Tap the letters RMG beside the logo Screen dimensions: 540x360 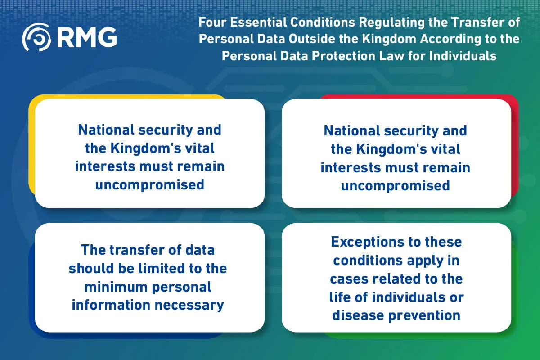pyautogui.click(x=87, y=37)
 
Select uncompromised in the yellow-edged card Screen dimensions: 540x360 pyautogui.click(x=150, y=185)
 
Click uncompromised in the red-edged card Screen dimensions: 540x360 pyautogui.click(x=396, y=186)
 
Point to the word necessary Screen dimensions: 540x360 pyautogui.click(x=189, y=306)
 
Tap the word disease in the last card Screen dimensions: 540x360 pyautogui.click(x=358, y=315)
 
